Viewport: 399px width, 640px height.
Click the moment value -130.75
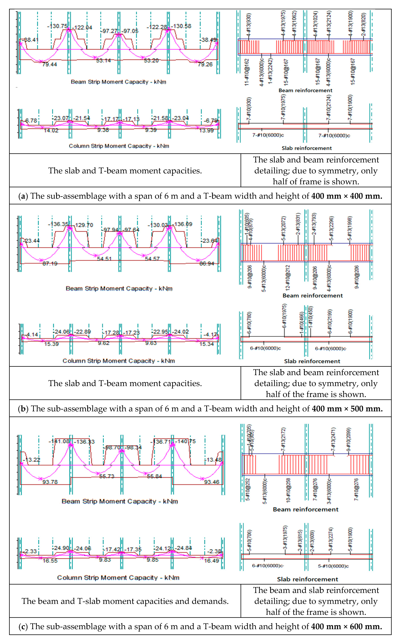(x=58, y=26)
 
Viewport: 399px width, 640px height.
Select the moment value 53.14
(x=103, y=61)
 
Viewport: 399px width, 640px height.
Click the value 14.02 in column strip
(x=51, y=131)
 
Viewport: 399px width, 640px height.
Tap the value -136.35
(x=58, y=224)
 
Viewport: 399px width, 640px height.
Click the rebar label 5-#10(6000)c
(x=333, y=566)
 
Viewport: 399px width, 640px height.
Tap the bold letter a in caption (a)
(x=23, y=196)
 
